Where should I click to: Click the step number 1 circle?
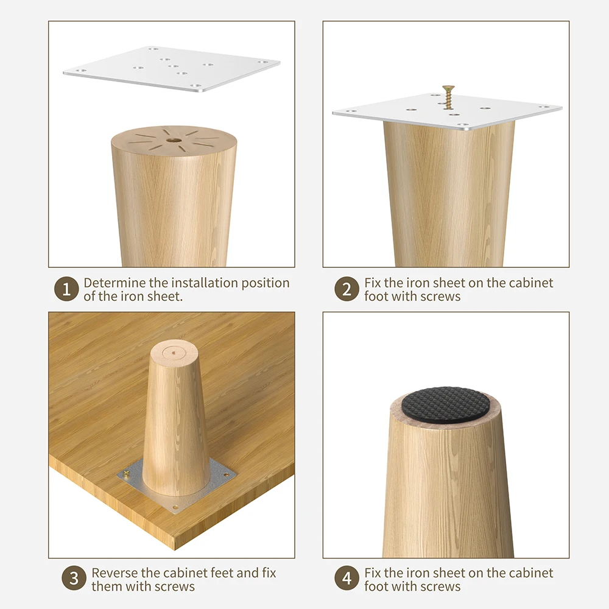(66, 290)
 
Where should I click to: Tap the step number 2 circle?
(347, 290)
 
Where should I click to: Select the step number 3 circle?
(74, 579)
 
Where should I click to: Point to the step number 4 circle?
(347, 579)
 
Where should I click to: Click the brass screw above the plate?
(448, 95)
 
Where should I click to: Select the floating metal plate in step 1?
(171, 69)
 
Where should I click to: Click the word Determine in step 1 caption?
(114, 283)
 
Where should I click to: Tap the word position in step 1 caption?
(266, 283)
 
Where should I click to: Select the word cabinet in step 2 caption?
(532, 283)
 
